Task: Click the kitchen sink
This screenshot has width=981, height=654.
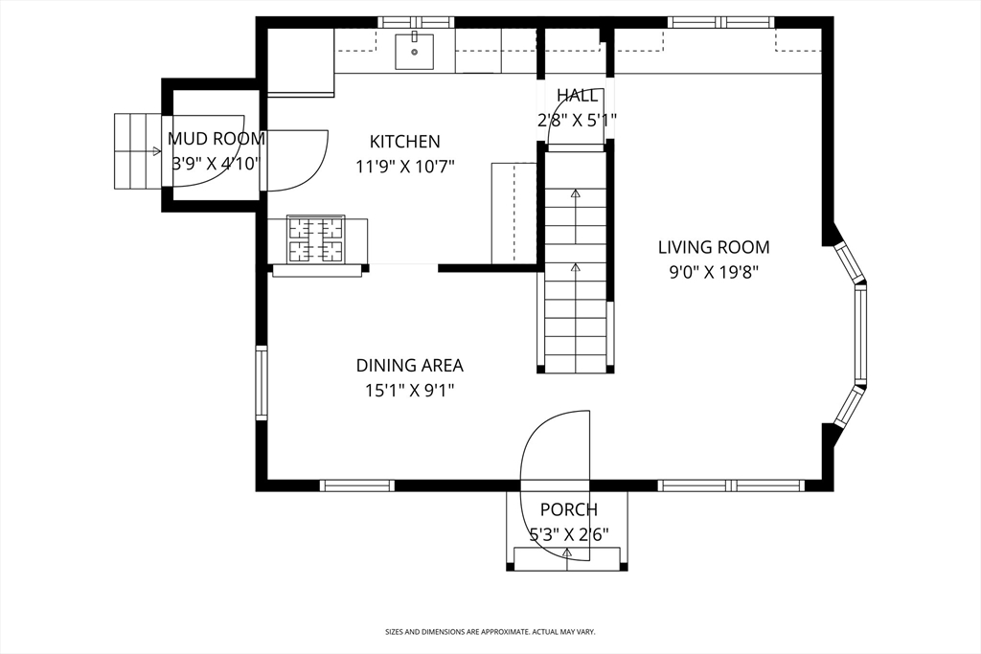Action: (x=414, y=52)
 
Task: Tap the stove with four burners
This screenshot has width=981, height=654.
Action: (x=315, y=238)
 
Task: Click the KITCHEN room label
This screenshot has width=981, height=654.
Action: (x=405, y=142)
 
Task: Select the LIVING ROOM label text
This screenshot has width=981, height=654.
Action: (x=713, y=247)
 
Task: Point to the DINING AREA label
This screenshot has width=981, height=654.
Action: (x=410, y=365)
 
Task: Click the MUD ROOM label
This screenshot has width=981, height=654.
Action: (x=217, y=138)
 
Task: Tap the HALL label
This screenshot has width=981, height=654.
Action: (x=577, y=95)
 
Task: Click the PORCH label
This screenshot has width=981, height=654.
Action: (x=569, y=509)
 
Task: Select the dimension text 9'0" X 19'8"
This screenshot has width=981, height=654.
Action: (x=713, y=273)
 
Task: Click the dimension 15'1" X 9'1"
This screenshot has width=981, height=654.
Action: (x=410, y=391)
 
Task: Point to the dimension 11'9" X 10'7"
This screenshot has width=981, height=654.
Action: (x=405, y=167)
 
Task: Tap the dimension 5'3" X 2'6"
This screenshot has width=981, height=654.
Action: (x=569, y=534)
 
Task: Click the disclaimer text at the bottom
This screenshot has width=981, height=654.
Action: (x=490, y=632)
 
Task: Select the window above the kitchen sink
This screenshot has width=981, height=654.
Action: (x=416, y=23)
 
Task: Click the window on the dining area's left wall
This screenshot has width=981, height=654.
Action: (x=262, y=382)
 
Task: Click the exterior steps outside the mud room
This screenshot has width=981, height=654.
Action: (x=138, y=151)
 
